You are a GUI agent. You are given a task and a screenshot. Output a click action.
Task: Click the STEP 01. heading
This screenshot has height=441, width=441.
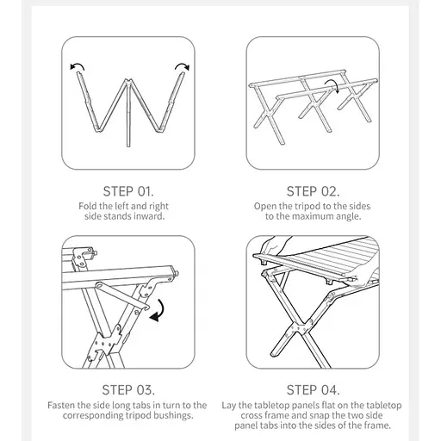point(128,191)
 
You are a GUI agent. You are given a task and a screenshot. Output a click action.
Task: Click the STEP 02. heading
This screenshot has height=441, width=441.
point(313,191)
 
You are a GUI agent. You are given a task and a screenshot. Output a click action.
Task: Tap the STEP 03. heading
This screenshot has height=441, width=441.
point(128,390)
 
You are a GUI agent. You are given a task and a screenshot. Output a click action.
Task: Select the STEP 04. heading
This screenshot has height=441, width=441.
point(313,390)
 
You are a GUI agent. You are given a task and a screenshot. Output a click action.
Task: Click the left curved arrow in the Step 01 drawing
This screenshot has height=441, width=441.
point(78,65)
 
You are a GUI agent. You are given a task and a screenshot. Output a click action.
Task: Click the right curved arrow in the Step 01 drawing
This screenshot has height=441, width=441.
point(182,65)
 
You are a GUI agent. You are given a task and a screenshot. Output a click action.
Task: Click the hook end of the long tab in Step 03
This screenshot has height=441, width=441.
point(146,307)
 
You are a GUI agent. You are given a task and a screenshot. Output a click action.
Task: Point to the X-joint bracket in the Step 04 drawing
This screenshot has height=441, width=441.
point(299,329)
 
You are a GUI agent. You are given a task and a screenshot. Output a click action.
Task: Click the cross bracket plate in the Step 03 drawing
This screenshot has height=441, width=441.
point(106,343)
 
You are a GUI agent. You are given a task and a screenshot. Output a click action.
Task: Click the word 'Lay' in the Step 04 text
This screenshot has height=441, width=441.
point(228,406)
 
